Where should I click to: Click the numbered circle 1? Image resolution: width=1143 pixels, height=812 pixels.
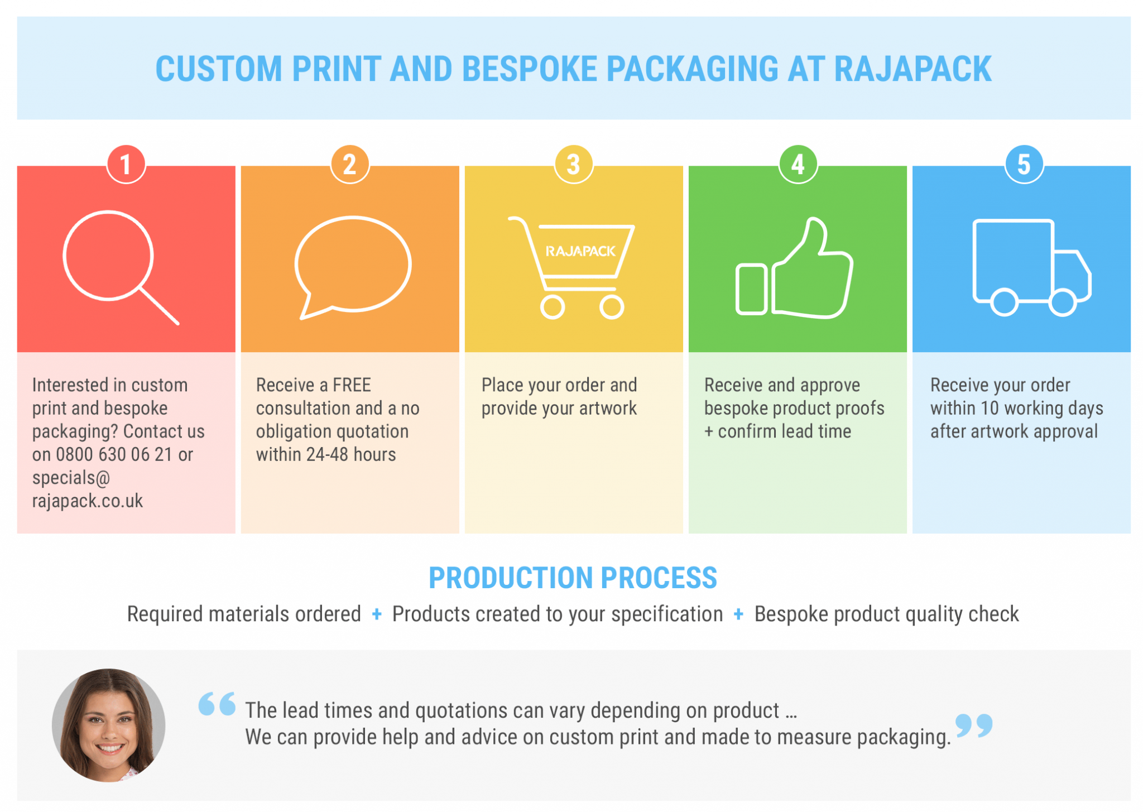[x=126, y=165]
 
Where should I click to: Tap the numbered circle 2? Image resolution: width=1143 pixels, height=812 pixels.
[x=350, y=165]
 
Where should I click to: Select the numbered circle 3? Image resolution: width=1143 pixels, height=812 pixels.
[x=573, y=165]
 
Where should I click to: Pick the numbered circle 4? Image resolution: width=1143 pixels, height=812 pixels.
[x=798, y=165]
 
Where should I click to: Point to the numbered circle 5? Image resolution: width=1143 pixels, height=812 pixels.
[x=1024, y=165]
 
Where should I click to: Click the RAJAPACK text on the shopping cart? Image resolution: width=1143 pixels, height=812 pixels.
[x=580, y=252]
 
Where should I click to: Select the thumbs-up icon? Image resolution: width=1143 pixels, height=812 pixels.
[x=795, y=271]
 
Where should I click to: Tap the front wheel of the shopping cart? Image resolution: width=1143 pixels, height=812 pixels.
[x=612, y=307]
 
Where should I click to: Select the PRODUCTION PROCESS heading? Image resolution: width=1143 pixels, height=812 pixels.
[x=573, y=578]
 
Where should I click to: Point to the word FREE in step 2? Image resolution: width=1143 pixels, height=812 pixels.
[x=352, y=385]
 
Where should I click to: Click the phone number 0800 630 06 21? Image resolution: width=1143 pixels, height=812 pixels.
[x=114, y=455]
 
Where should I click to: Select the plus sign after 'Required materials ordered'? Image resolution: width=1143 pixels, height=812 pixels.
[x=377, y=614]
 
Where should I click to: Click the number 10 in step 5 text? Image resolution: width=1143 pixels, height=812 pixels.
[x=990, y=409]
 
